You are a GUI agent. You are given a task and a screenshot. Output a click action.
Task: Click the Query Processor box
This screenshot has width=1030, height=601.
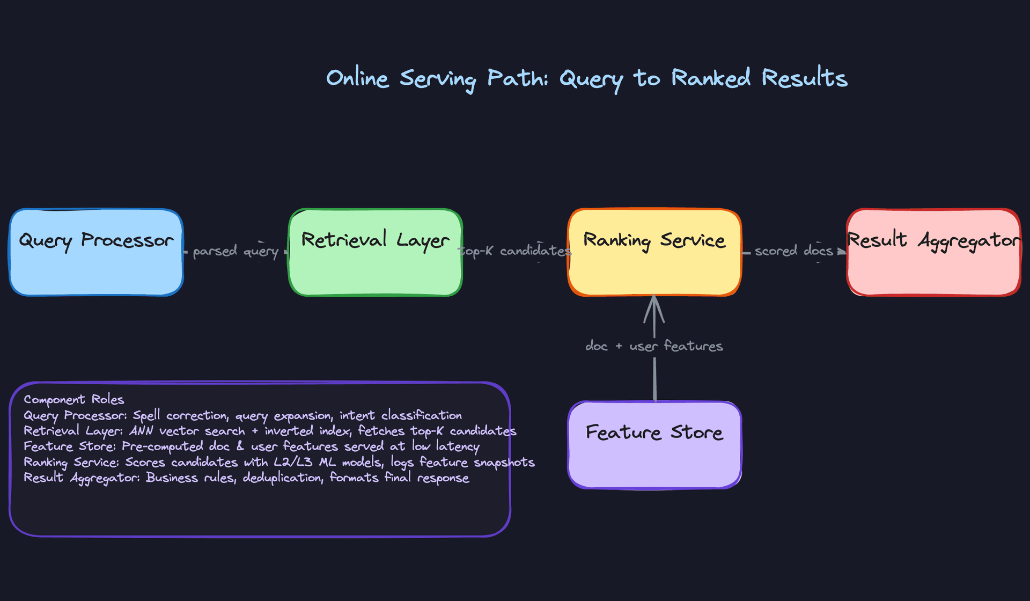point(97,252)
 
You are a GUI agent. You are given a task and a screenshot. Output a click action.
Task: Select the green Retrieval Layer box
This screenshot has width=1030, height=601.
point(376,252)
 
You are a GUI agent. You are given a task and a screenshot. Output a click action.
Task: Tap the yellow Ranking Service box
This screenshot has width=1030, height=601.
point(654,252)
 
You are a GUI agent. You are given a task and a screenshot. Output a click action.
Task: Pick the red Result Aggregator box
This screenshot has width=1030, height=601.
point(933,252)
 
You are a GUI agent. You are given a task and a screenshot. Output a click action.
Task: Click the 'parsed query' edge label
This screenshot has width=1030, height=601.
point(236,251)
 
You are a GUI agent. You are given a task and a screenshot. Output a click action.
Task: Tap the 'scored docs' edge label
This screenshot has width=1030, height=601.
point(794,251)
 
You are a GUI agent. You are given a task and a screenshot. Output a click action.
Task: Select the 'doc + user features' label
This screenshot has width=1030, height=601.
point(654,346)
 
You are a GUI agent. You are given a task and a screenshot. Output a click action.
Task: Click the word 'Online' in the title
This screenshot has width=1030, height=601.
point(357,78)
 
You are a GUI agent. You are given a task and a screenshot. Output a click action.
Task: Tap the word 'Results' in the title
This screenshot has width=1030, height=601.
point(805,78)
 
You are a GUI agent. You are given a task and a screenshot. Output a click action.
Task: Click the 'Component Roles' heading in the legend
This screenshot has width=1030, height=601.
point(74,400)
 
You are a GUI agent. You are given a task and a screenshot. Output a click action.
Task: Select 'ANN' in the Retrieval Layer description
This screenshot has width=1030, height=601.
point(142,431)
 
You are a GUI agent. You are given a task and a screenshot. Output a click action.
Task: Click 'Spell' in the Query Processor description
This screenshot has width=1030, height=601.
point(146,415)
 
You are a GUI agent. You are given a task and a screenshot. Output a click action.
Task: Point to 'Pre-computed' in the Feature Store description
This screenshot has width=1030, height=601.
point(163,446)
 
